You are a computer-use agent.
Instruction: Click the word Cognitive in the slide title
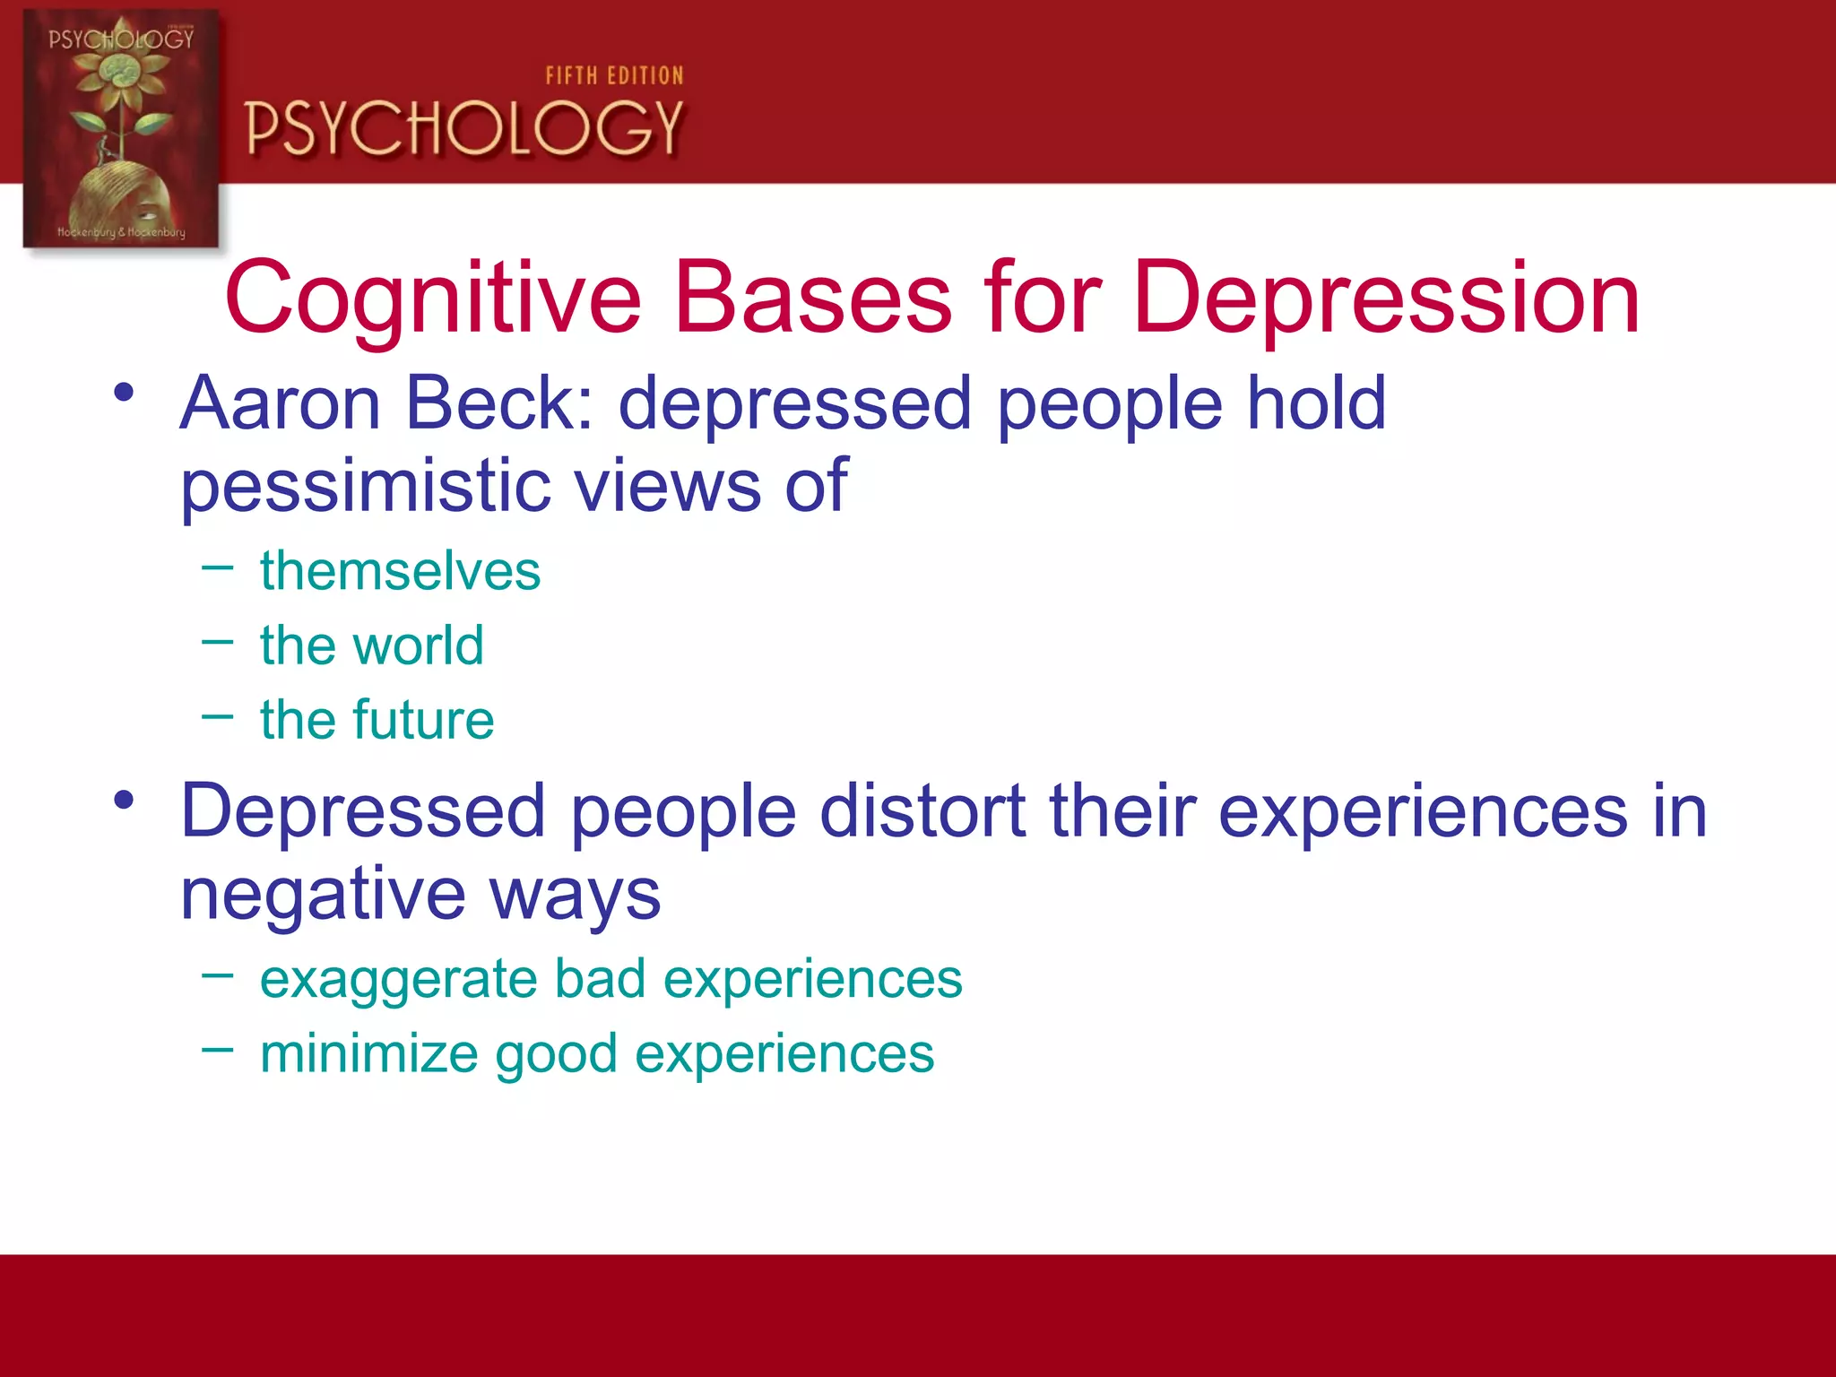coord(433,299)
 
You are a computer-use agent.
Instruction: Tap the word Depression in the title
coord(1386,299)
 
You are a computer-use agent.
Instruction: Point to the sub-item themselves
coord(400,571)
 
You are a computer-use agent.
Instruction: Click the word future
coord(422,720)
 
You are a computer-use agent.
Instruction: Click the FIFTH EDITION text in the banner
coord(614,76)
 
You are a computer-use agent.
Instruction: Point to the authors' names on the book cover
coord(121,232)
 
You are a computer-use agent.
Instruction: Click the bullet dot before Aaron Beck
coord(124,392)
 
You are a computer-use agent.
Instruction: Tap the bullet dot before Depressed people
coord(124,799)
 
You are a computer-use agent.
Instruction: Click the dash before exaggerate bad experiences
coord(218,974)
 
